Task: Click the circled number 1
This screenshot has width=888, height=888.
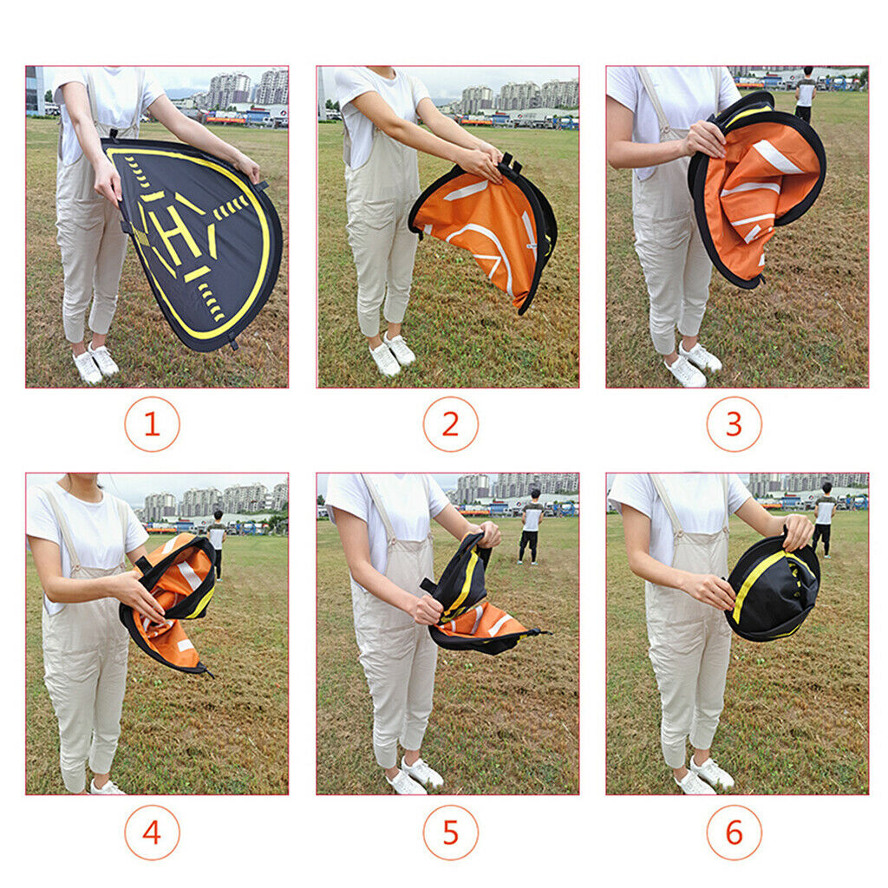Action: point(153,424)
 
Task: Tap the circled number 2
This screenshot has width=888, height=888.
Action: point(451,424)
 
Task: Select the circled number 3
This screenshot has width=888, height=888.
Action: point(735,424)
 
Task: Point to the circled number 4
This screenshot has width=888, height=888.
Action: point(153,832)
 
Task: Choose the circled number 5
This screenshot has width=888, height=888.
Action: point(451,832)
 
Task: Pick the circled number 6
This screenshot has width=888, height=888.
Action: point(735,832)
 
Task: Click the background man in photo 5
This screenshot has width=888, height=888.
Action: point(532,526)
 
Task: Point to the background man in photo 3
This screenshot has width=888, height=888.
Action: point(805,94)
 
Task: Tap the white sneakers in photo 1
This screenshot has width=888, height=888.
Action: point(95,362)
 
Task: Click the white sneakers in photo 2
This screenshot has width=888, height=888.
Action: point(392,354)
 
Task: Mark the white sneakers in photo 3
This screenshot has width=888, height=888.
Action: point(693,364)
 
